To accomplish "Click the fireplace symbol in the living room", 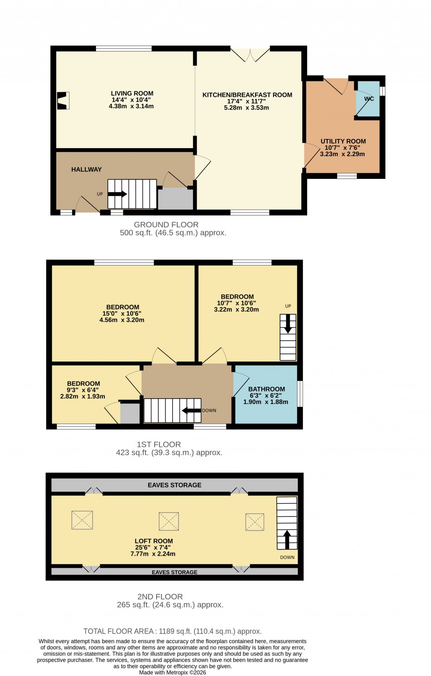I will (63, 101).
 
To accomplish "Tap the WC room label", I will (369, 99).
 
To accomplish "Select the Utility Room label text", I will (343, 141).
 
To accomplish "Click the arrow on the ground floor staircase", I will (117, 194).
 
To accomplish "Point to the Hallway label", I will (86, 170).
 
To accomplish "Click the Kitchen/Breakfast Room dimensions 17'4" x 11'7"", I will (247, 101).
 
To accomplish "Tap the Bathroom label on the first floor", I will (266, 389).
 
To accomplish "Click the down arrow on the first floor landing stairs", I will (192, 411).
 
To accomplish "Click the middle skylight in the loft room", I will (169, 522).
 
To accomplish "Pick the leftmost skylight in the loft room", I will (82, 520).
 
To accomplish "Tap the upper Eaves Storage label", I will (174, 485).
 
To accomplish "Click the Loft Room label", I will (154, 541).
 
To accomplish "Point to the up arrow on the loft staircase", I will (287, 540).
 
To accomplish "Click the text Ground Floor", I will (166, 225).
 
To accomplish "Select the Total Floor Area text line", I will (173, 631).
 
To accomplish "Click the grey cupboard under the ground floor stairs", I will (175, 199).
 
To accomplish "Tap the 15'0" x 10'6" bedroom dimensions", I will (122, 314).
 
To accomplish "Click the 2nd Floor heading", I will (160, 597).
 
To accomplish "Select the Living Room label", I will (132, 93).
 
